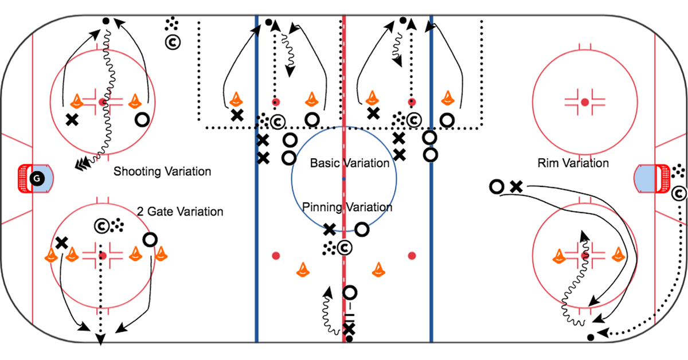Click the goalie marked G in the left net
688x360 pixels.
pos(37,178)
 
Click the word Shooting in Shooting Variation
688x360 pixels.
pos(135,171)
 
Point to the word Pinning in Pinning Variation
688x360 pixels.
pos(322,208)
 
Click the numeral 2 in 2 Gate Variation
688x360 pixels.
pos(140,212)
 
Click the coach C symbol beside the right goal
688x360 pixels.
pos(679,194)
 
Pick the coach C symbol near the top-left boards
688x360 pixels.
pos(173,42)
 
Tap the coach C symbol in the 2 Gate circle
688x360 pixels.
pos(101,226)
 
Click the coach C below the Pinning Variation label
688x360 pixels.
pos(345,248)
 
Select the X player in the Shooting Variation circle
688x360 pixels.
pos(72,120)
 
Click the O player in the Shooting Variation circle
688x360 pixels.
pos(142,120)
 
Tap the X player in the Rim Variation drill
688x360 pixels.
pos(517,187)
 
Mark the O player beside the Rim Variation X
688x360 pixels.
pos(497,187)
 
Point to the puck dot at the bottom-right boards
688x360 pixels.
pos(591,338)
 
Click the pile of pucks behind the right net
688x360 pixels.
pos(678,171)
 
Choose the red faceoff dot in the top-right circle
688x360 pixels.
pos(585,102)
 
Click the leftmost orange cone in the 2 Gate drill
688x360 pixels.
pos(51,255)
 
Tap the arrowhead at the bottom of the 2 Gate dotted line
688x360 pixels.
pos(100,339)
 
